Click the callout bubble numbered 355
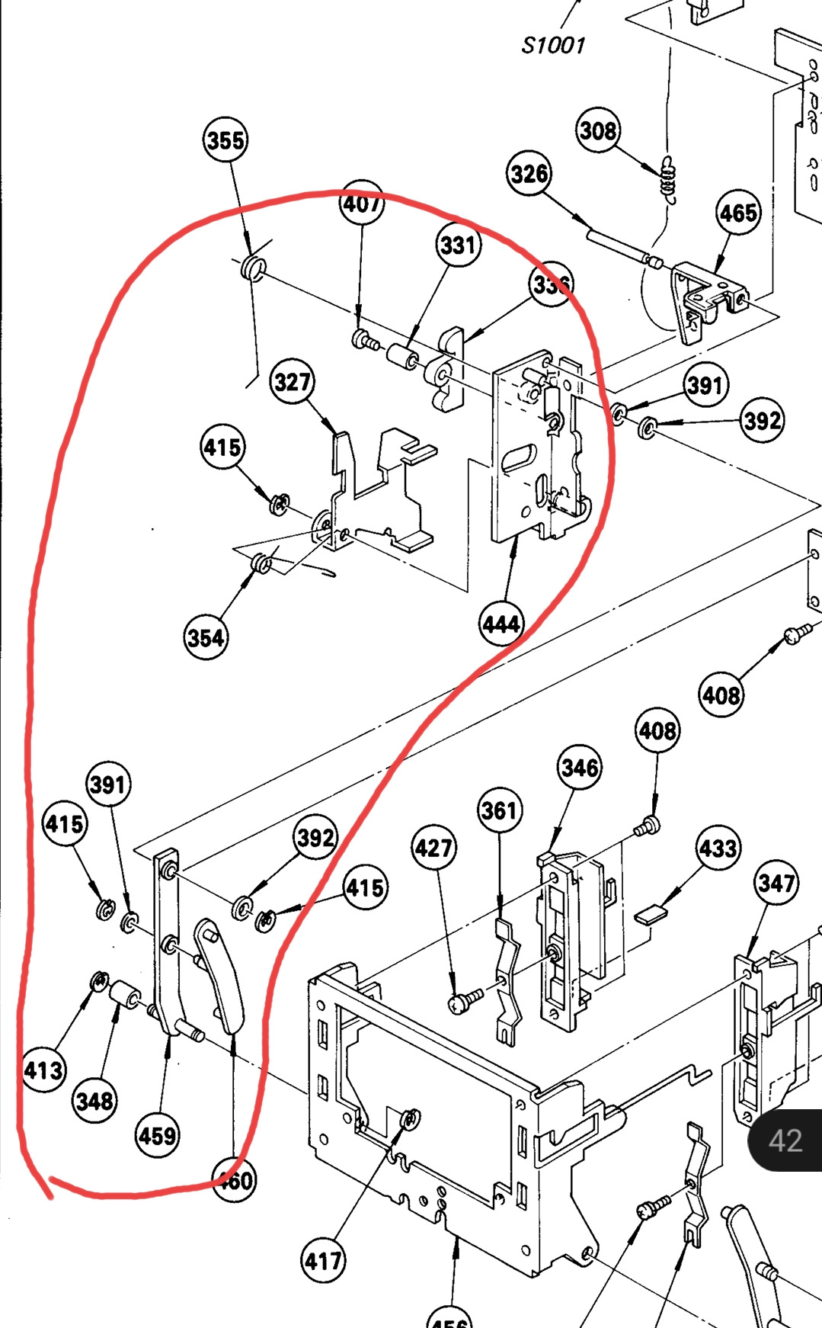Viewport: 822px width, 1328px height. pos(225,140)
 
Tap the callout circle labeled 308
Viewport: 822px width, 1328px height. pos(598,130)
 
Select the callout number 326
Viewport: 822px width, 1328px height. pos(529,174)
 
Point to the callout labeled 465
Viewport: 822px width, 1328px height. pos(738,213)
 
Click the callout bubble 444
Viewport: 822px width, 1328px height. pos(501,624)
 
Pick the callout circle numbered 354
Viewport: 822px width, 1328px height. pos(206,637)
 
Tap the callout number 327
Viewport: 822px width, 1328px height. pos(293,381)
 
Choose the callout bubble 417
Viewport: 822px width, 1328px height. pos(323,1261)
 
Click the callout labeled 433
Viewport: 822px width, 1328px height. pos(718,848)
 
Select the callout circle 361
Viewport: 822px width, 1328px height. pos(499,810)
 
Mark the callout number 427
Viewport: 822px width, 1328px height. pos(433,848)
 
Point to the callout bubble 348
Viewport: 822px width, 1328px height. pos(95,1100)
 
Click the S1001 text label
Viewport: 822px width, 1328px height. pos(553,45)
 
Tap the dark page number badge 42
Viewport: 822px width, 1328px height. pos(785,1140)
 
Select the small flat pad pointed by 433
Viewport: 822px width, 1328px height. pos(650,914)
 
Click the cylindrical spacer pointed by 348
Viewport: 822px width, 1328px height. pos(124,996)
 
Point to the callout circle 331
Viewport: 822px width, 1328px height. pos(458,245)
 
